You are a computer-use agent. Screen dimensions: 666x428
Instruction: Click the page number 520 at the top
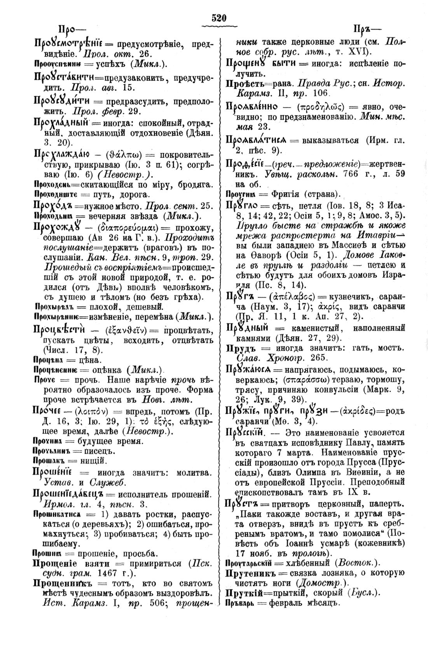[x=219, y=18]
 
